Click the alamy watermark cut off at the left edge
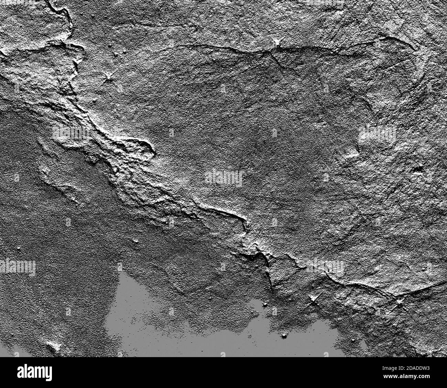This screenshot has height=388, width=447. (17, 267)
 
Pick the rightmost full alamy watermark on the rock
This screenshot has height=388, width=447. (377, 133)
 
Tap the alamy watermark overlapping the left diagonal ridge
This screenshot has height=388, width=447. (70, 133)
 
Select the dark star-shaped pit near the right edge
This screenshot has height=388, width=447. (419, 169)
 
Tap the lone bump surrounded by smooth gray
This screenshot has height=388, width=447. (284, 335)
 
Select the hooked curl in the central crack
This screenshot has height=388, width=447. (246, 223)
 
